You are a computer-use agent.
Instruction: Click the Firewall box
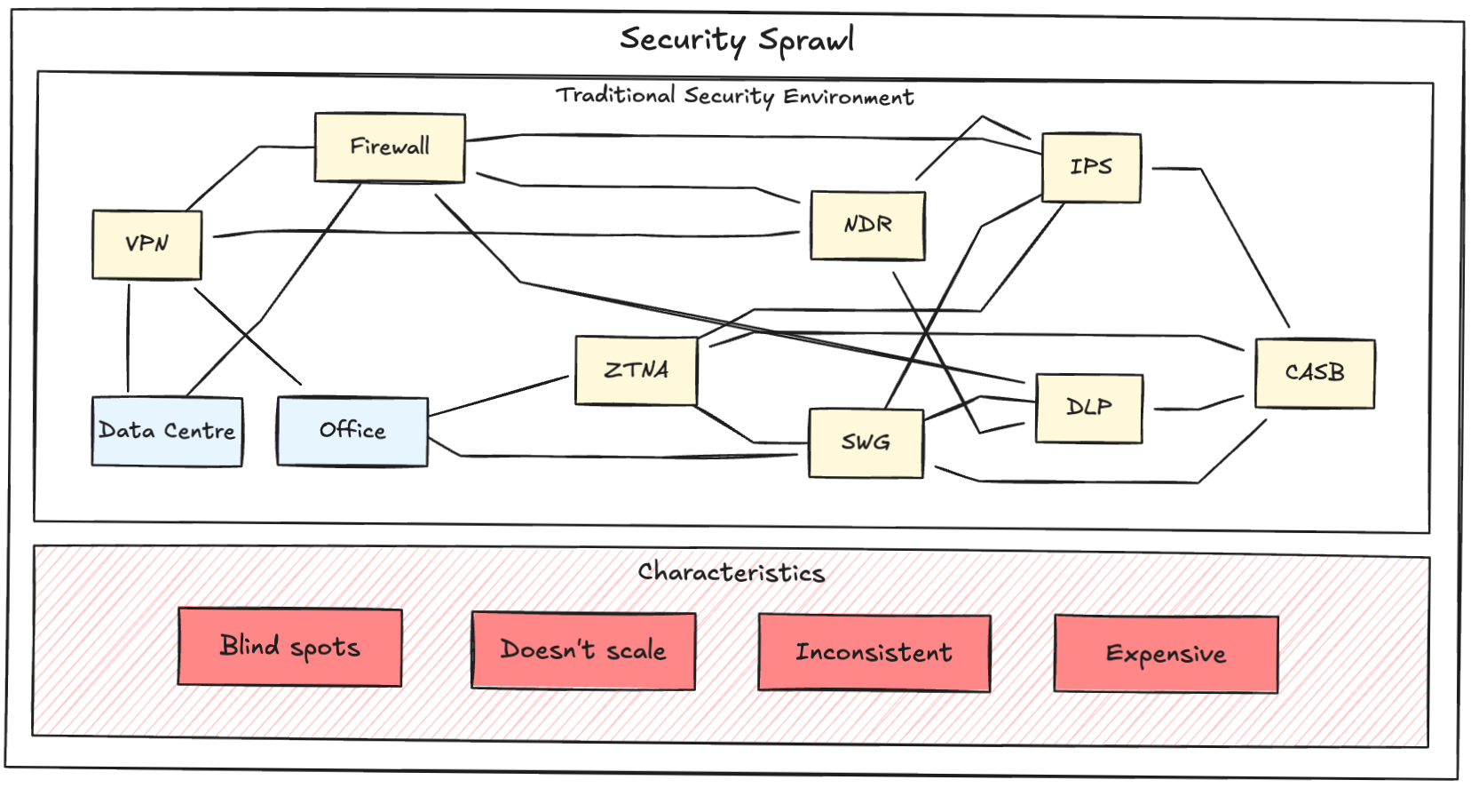390,147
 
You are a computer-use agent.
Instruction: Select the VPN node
147,244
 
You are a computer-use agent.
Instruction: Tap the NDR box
867,226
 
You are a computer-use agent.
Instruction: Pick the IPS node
1091,168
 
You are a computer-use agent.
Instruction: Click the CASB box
1315,373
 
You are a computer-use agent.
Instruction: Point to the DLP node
1089,408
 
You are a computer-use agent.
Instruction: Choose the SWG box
866,442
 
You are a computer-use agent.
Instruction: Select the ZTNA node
636,370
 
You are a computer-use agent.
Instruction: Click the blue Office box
352,432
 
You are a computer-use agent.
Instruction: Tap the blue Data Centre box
167,432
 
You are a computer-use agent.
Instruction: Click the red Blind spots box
290,647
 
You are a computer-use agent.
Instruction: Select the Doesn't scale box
583,650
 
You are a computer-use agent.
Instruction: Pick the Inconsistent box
874,653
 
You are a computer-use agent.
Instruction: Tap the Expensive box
1166,655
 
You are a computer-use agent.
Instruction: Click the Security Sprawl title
737,40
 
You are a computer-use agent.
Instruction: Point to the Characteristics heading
732,572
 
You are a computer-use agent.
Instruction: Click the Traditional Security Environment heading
734,96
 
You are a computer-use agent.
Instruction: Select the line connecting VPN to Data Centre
129,338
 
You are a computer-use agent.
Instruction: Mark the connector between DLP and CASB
1198,408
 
